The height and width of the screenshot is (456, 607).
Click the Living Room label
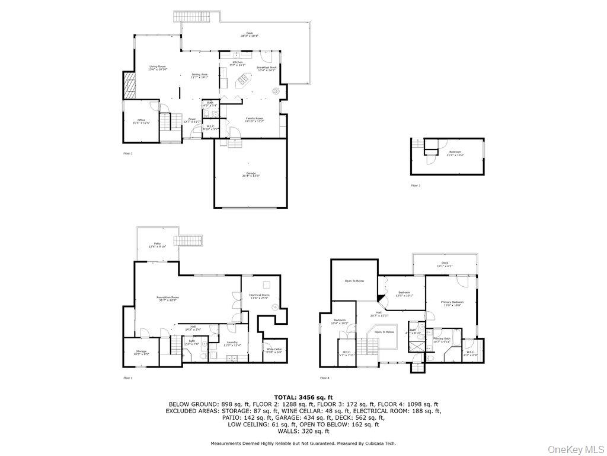point(157,68)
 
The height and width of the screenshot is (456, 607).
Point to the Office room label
point(141,122)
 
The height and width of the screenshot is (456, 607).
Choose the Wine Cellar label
point(274,351)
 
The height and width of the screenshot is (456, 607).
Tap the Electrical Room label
point(260,296)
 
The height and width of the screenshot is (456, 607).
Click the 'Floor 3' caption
point(416,185)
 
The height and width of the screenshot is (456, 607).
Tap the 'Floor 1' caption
point(128,378)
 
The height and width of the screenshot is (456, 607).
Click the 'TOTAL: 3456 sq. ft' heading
point(303,397)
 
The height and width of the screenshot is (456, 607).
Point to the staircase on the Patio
point(191,243)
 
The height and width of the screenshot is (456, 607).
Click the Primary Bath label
point(442,340)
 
